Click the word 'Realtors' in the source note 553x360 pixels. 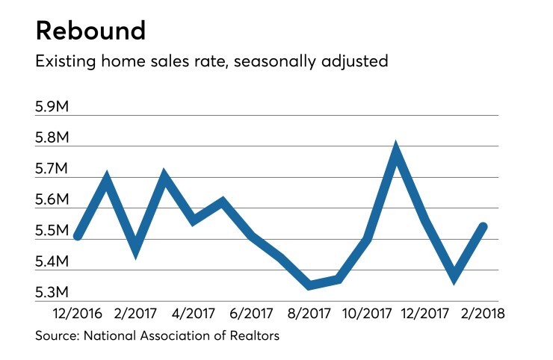tap(253, 336)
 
